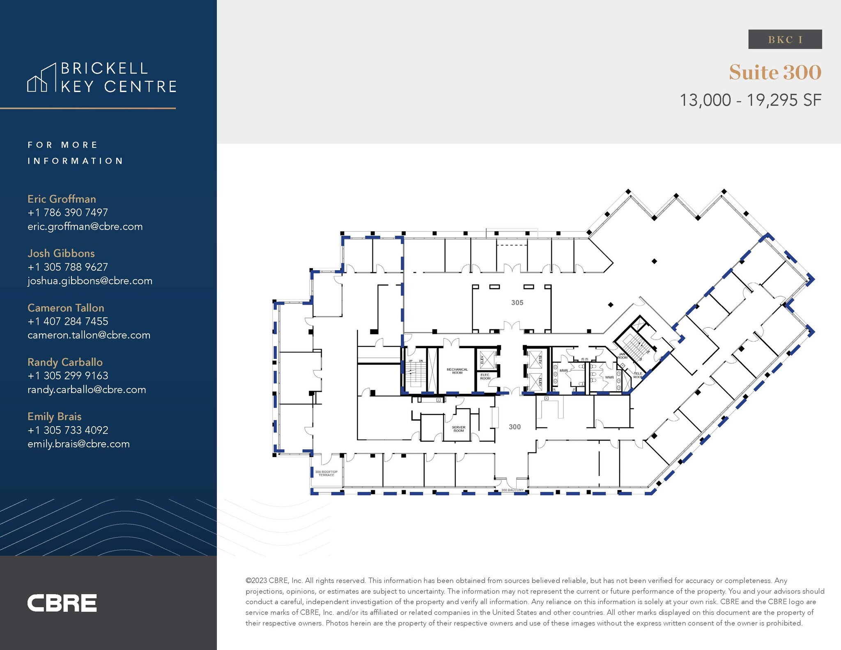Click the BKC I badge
point(785,39)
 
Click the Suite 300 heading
point(775,72)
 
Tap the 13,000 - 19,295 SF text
point(750,100)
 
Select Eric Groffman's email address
point(85,227)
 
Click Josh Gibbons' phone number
point(68,267)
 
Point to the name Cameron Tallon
point(66,308)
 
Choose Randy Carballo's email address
point(87,390)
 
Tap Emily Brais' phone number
point(68,430)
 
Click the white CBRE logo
point(62,603)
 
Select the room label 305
point(517,303)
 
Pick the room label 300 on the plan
point(515,427)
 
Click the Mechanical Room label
point(457,371)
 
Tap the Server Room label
point(458,429)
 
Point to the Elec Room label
point(485,377)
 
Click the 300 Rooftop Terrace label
point(326,473)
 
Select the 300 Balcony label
point(512,490)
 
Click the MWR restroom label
point(563,371)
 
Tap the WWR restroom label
point(609,377)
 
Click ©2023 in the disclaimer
point(256,581)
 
